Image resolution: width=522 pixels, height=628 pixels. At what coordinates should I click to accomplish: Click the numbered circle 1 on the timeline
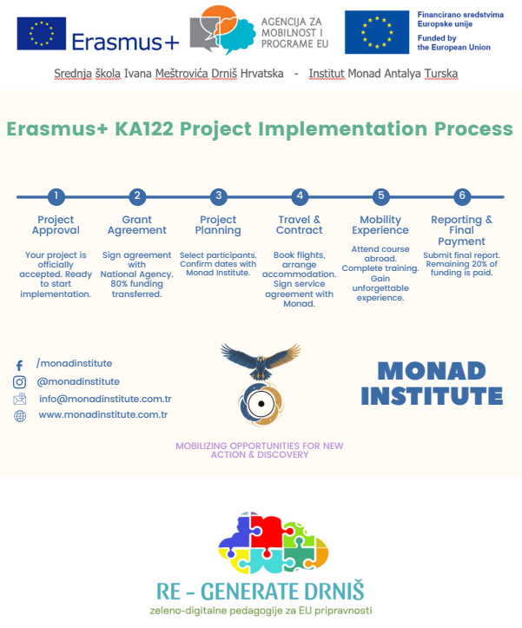(56, 196)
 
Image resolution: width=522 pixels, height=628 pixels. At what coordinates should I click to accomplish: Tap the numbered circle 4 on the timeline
(300, 196)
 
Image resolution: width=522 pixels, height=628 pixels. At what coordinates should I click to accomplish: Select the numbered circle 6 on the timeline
(462, 196)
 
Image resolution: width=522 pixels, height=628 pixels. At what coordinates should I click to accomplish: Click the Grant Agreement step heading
(137, 225)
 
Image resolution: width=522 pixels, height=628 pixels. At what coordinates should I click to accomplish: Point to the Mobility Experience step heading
(380, 225)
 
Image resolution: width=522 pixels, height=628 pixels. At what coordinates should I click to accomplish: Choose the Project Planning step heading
(218, 225)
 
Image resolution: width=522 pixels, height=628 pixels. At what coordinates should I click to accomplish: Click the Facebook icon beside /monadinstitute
(19, 366)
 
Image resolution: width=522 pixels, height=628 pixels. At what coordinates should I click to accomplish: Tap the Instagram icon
(20, 382)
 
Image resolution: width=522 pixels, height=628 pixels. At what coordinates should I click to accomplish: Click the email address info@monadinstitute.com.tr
(105, 399)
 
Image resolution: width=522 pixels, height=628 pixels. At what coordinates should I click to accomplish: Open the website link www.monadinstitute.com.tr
(103, 414)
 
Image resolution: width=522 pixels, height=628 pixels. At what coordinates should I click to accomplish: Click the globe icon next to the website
(20, 416)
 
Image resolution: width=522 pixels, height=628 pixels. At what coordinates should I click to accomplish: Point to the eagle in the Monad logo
(261, 360)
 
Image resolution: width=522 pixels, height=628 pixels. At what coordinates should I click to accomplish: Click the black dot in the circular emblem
(261, 404)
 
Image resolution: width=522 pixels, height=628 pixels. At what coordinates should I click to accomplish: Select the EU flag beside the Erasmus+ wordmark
(42, 34)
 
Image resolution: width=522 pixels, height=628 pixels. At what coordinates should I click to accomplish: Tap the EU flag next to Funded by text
(377, 32)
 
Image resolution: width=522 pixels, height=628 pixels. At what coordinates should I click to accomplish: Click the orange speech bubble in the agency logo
(219, 19)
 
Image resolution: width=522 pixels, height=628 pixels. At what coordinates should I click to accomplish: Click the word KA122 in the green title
(144, 129)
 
